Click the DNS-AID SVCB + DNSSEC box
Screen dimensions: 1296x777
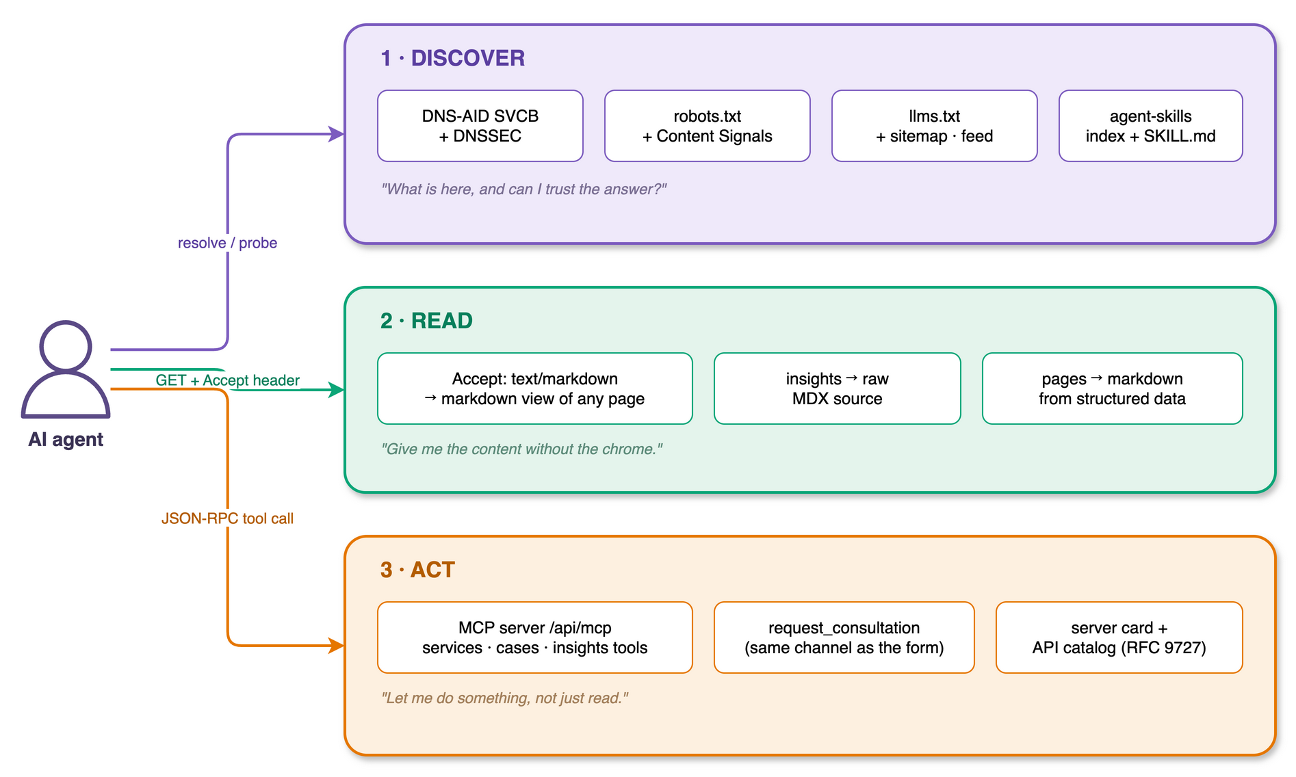[x=480, y=126]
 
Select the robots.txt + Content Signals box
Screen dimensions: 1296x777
[x=708, y=126]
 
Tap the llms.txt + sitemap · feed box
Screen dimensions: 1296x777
[x=935, y=126]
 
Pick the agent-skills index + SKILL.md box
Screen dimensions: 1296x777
[x=1151, y=126]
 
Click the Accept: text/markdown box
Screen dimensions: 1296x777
[x=535, y=388]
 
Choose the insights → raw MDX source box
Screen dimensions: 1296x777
[x=838, y=388]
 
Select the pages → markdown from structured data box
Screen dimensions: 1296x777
[x=1113, y=388]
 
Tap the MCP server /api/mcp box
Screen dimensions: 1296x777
[x=535, y=637]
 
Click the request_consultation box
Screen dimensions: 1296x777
[x=844, y=637]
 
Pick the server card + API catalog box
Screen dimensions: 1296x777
[x=1119, y=637]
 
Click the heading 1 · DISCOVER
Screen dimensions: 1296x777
[x=453, y=58]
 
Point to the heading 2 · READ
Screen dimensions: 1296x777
[x=426, y=321]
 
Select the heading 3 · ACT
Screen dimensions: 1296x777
[x=417, y=570]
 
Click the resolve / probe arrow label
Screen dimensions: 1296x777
[x=227, y=243]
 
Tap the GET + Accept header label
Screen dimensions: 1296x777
[x=227, y=380]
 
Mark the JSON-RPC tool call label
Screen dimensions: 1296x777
[x=227, y=518]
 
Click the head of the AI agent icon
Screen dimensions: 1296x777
[x=66, y=346]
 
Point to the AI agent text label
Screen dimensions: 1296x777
[x=66, y=439]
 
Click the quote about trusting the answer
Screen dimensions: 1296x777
[x=523, y=189]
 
